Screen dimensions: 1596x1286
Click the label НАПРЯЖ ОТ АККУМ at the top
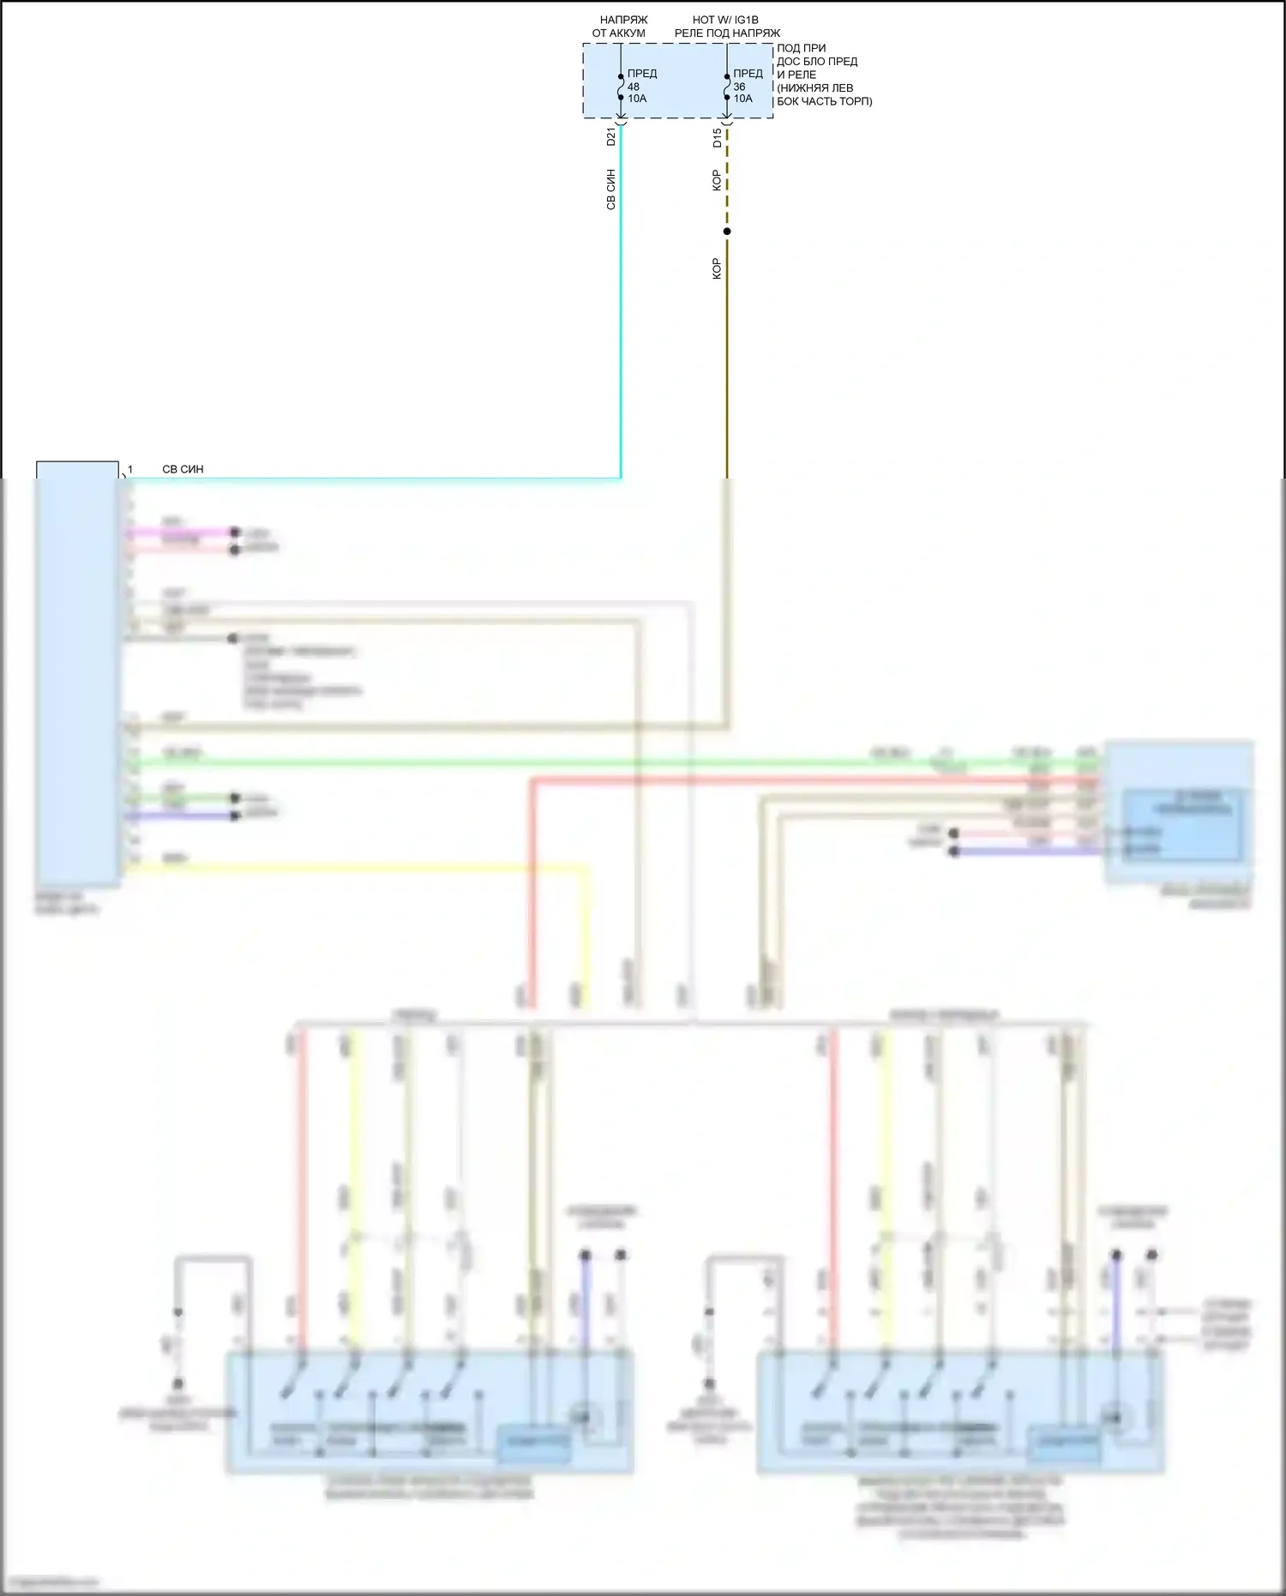[x=620, y=27]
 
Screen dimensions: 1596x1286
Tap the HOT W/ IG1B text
[x=725, y=20]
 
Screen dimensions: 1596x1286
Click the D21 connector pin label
[x=610, y=137]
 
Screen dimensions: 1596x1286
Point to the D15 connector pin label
[x=717, y=137]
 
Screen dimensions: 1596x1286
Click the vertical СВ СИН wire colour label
[x=610, y=190]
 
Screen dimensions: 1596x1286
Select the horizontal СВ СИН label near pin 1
[x=183, y=470]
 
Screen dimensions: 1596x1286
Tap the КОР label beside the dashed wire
[x=717, y=180]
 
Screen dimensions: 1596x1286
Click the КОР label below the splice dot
[x=717, y=268]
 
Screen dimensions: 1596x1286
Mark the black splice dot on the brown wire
[x=727, y=232]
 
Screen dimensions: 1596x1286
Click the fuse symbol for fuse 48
[x=621, y=87]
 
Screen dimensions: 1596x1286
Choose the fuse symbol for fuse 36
[x=727, y=87]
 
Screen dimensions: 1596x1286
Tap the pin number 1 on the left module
[x=130, y=470]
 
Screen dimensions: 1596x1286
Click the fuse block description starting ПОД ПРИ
[x=823, y=75]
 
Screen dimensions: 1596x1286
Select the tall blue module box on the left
[x=77, y=678]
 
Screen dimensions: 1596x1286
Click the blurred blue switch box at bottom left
[x=429, y=1412]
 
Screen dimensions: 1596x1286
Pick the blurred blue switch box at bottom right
[x=960, y=1412]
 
